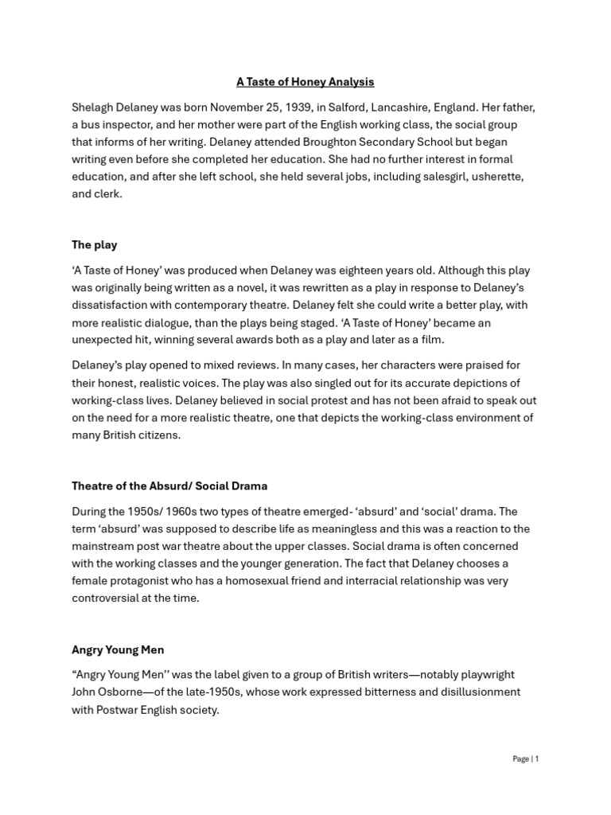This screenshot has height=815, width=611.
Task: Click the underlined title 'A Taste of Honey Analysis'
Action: pyautogui.click(x=305, y=82)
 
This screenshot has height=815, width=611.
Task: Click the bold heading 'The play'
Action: pyautogui.click(x=94, y=245)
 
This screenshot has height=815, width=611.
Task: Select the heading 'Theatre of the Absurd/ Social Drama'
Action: pyautogui.click(x=169, y=485)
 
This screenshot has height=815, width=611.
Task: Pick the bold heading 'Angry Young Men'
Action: pyautogui.click(x=117, y=649)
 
